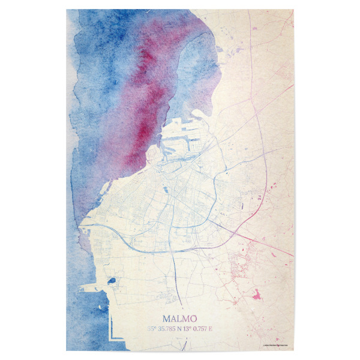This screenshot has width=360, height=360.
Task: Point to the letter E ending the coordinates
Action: click(x=211, y=328)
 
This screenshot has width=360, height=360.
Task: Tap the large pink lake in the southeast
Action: click(x=257, y=295)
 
